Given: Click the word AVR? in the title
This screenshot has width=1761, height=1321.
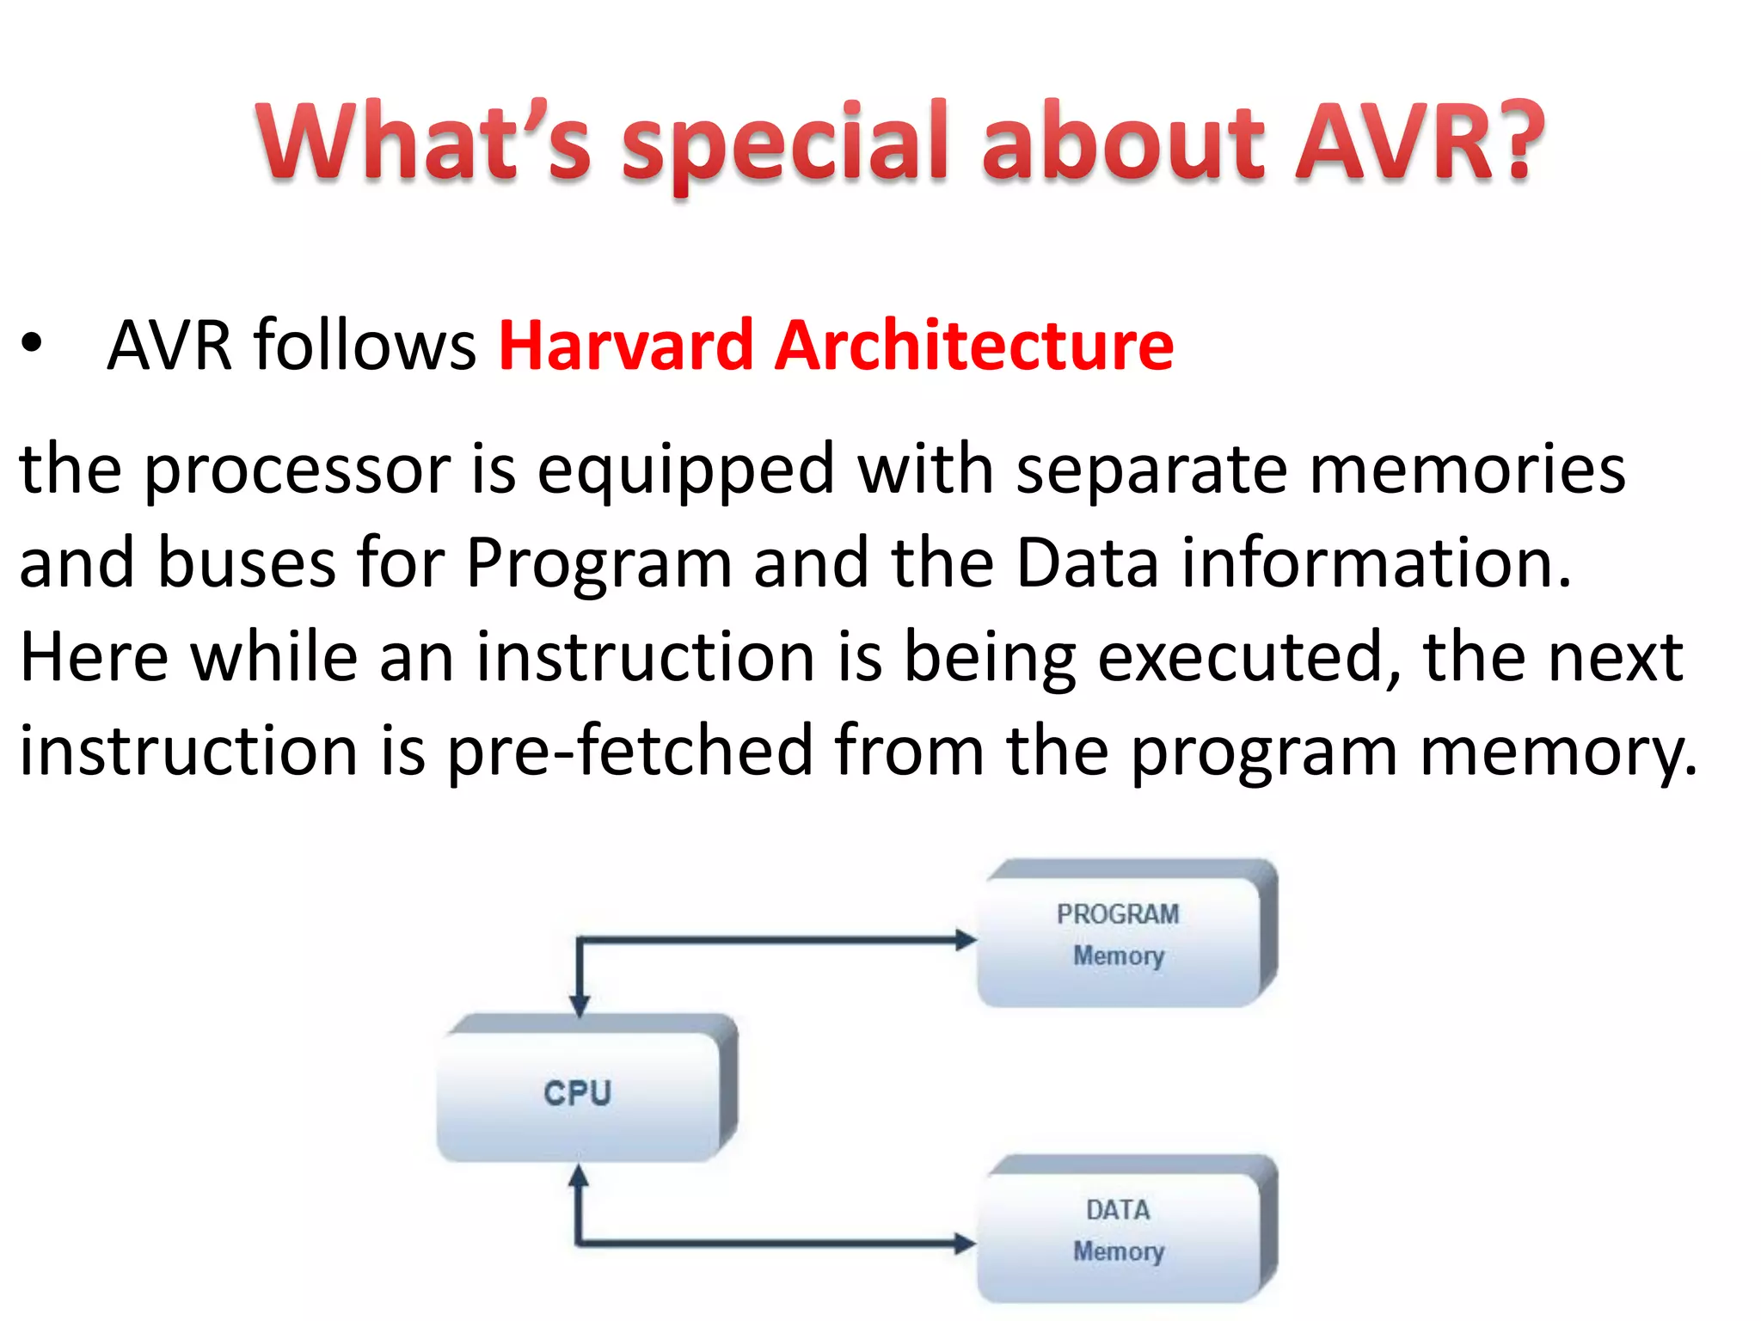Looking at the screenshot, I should (1419, 142).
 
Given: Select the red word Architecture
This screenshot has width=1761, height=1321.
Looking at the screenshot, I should (973, 346).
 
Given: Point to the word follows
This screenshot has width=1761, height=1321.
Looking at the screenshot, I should (365, 346).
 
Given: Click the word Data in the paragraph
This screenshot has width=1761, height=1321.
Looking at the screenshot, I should (1087, 564).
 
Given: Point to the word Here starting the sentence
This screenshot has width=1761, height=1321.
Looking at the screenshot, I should (95, 659).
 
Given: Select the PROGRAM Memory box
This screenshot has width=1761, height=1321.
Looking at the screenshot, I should (1118, 937).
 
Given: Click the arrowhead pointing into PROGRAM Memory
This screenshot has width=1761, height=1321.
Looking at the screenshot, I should (966, 940).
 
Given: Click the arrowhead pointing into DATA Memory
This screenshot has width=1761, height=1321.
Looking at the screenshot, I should (966, 1243).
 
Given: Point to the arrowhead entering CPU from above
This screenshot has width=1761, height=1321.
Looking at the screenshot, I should (580, 1005).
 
